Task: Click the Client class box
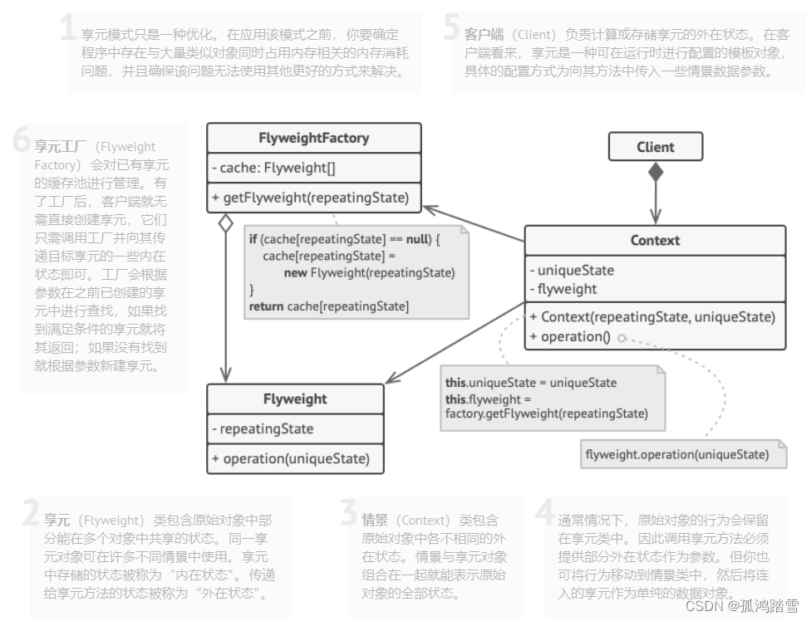[656, 147]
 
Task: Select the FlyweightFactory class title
[313, 138]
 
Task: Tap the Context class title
[655, 241]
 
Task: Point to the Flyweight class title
[295, 399]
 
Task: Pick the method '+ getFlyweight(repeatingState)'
[310, 198]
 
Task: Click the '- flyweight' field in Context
[563, 289]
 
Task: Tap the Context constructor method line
[651, 316]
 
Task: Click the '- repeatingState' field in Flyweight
[263, 429]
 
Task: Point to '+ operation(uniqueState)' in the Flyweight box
[290, 458]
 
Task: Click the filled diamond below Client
[656, 172]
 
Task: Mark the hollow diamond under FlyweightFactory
[224, 222]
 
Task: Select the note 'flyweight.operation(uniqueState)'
[676, 454]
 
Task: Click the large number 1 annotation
[69, 28]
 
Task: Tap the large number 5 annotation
[451, 28]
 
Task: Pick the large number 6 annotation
[22, 140]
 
